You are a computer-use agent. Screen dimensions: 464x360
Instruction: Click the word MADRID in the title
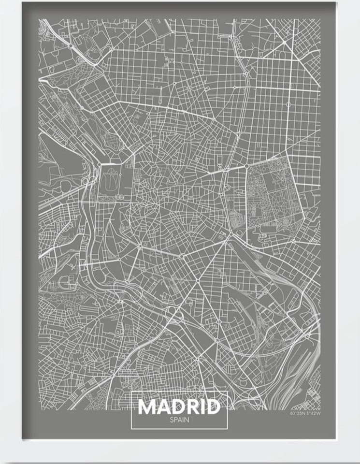point(179,406)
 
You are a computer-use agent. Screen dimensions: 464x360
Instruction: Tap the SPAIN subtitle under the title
point(179,420)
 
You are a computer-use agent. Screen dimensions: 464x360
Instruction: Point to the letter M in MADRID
point(148,406)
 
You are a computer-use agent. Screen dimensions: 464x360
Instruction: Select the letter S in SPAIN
point(171,420)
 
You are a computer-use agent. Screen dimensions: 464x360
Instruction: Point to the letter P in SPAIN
point(175,420)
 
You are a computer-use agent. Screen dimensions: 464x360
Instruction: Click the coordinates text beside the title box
point(305,414)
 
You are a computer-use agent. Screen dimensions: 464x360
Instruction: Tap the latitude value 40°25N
point(297,414)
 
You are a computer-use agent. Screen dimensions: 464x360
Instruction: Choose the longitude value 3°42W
point(313,414)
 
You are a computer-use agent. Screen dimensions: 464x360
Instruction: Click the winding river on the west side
point(89,227)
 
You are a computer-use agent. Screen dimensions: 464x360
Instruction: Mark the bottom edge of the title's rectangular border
point(179,428)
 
